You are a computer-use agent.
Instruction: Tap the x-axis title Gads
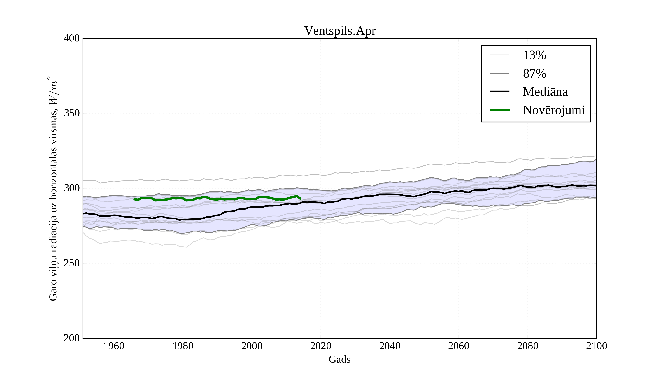coord(339,359)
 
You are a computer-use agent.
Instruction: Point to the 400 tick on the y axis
coord(72,39)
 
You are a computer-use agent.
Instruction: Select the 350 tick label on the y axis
coord(72,114)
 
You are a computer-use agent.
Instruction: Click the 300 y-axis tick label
coord(72,189)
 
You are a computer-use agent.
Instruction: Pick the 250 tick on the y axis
coord(72,263)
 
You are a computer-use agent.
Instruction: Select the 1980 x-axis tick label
coord(183,346)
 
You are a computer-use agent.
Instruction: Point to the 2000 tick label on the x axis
coord(252,346)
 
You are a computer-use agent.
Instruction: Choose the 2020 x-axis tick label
coord(321,346)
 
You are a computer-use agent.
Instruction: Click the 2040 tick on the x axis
coord(390,346)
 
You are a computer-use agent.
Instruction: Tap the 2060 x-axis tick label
coord(459,346)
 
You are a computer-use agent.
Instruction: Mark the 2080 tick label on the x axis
coord(527,346)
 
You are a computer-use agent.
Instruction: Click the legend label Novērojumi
coord(554,110)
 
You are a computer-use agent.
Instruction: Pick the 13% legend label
coord(534,55)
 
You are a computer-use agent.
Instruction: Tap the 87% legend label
coord(534,74)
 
